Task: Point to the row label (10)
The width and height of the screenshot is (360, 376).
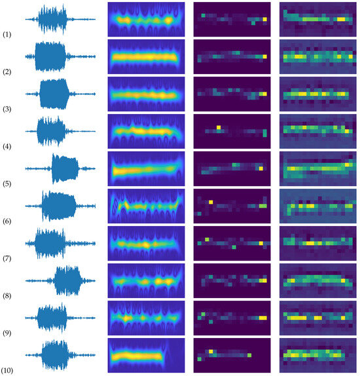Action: coord(9,371)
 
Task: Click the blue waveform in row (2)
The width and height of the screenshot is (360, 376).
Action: coord(60,56)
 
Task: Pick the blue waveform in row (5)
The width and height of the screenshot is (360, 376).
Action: coord(60,168)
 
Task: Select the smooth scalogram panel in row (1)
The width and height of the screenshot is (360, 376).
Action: coord(146,19)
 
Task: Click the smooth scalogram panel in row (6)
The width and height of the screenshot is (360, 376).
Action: coord(146,206)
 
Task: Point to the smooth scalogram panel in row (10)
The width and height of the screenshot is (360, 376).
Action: coord(146,356)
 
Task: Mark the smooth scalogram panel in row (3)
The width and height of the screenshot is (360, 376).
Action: coord(146,94)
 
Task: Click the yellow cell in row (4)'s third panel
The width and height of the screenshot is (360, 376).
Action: coord(219,126)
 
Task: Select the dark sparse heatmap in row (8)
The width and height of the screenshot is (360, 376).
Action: coord(232,280)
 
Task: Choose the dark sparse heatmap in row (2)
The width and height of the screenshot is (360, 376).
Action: coord(232,56)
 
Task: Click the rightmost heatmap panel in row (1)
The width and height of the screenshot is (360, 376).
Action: coord(317,19)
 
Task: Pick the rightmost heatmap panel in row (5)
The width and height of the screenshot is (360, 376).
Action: coord(317,168)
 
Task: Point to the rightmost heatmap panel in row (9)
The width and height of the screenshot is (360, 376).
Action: coord(317,318)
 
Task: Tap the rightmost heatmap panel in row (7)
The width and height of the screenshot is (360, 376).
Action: coord(317,243)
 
